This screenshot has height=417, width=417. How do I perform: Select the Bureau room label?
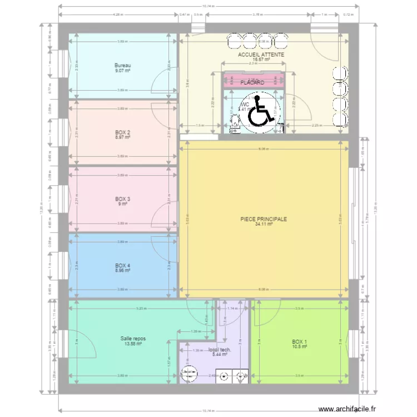pos(122,65)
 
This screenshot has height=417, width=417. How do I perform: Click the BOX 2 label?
pos(122,132)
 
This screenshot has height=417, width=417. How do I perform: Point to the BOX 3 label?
pos(122,199)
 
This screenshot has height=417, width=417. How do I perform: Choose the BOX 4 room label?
pos(122,266)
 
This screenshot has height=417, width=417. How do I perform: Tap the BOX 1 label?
pos(299,341)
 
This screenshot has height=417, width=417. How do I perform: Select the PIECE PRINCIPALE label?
pos(264,219)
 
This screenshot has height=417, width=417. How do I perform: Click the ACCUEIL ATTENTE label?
pos(261,55)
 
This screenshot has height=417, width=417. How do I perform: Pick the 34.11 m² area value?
pos(264,225)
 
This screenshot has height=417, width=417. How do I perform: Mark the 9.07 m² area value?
pos(122,71)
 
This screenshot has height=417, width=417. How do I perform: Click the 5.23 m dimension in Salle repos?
pos(142,309)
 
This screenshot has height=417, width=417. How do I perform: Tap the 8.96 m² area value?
pos(122,271)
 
